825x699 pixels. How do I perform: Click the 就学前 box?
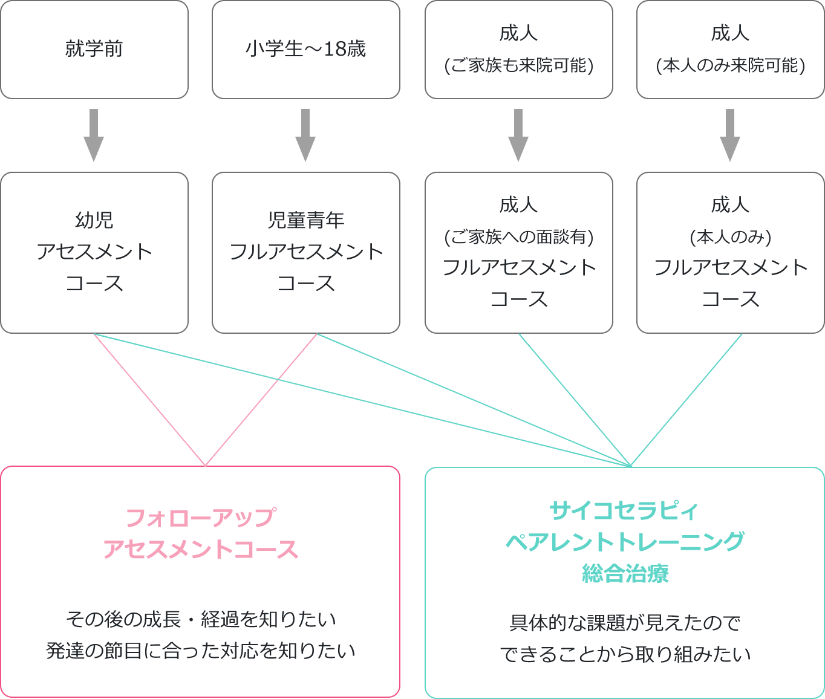pos(94,49)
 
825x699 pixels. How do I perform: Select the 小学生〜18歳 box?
pos(305,49)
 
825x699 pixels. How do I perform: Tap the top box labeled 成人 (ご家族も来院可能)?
pos(518,49)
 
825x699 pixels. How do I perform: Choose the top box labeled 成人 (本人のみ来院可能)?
pos(730,49)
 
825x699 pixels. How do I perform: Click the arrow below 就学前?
pos(94,135)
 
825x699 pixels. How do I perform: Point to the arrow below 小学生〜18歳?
pos(305,135)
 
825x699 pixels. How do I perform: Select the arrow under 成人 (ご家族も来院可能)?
pos(518,135)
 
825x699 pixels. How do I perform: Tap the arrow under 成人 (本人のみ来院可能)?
pos(730,135)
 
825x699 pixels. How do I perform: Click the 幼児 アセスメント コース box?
pos(94,252)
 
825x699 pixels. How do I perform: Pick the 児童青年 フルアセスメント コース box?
pos(305,252)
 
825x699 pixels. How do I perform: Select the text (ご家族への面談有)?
pos(518,237)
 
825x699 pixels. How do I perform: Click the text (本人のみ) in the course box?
pos(730,237)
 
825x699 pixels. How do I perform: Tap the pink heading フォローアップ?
pos(200,518)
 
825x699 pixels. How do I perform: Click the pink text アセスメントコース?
pos(200,550)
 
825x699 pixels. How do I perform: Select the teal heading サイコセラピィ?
pos(624,511)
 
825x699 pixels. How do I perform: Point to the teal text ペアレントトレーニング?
pos(624,542)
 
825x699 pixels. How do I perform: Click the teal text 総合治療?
pos(624,573)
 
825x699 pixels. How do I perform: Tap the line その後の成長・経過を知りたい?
pos(200,619)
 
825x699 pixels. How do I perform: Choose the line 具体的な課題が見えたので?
pos(624,623)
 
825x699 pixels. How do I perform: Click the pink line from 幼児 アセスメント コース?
pos(149,400)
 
